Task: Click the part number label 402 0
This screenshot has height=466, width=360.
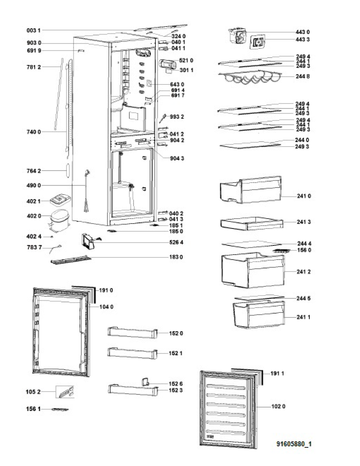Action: (34, 216)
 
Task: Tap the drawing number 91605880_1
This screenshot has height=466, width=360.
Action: (294, 444)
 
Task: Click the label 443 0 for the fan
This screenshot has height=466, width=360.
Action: (302, 32)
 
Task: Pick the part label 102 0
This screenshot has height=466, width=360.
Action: (278, 406)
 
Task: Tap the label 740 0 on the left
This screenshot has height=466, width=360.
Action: (34, 132)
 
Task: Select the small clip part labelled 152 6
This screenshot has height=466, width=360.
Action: (145, 382)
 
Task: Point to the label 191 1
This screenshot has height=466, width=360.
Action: (277, 373)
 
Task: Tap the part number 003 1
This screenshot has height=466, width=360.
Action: (34, 30)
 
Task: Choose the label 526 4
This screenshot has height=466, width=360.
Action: (176, 242)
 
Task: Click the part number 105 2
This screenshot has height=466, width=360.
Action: (33, 392)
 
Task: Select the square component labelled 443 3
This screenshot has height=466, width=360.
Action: (258, 42)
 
